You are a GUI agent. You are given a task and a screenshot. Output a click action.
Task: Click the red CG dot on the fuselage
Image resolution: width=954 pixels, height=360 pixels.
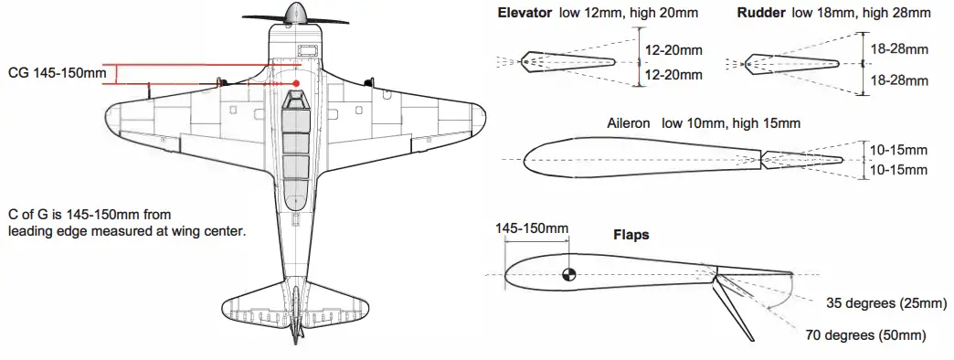pos(296,84)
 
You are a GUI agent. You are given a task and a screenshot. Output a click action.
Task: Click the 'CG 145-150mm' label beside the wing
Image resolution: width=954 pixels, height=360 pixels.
pos(52,73)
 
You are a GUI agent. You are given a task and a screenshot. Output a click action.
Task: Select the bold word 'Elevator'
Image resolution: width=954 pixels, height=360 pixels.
pos(525,14)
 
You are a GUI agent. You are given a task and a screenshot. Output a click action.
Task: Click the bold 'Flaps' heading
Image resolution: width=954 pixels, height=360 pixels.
pos(631,235)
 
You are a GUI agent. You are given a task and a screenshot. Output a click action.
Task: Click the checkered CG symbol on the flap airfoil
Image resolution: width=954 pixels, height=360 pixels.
pos(568,273)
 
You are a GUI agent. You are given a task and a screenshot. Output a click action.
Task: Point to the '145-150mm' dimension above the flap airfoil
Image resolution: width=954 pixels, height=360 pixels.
pos(531,228)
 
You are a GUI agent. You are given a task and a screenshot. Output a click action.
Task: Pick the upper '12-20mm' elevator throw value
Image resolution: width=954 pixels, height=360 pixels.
pos(673,51)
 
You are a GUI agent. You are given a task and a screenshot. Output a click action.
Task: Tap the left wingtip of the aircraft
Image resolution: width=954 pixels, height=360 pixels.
pos(114,116)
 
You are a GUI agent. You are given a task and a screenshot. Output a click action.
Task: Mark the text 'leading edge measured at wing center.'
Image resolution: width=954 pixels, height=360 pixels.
pos(127,231)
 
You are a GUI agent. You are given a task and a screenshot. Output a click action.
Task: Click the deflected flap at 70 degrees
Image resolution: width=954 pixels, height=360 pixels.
pos(731,306)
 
